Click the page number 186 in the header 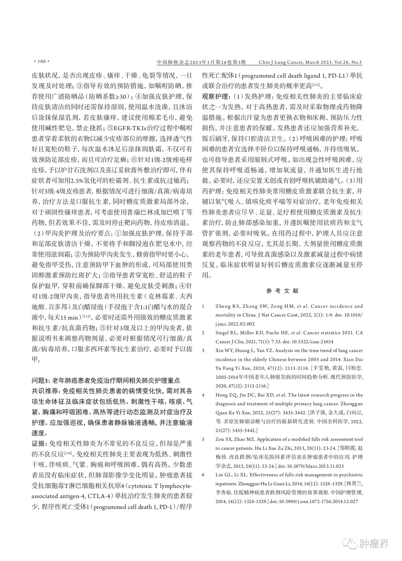[41, 62]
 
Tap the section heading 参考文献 [282, 291]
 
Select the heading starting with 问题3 [106, 380]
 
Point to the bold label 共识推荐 [45, 391]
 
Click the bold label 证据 [39, 444]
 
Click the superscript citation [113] [86, 316]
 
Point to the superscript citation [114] [68, 453]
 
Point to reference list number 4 [203, 395]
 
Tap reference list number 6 [203, 475]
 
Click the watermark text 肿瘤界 [374, 543]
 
